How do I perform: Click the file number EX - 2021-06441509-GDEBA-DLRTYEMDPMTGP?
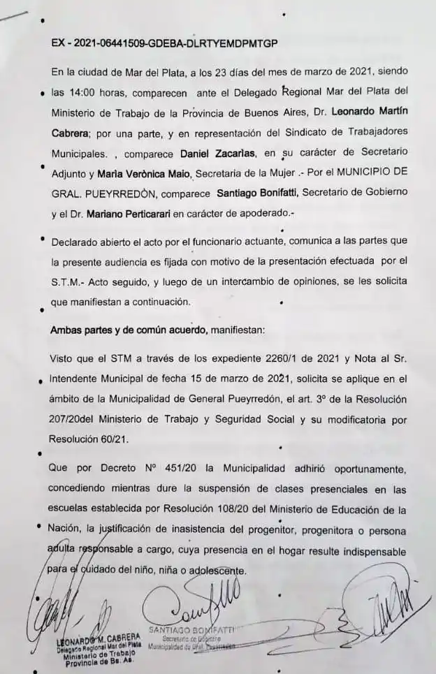coord(164,43)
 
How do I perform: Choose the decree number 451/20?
coord(173,469)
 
